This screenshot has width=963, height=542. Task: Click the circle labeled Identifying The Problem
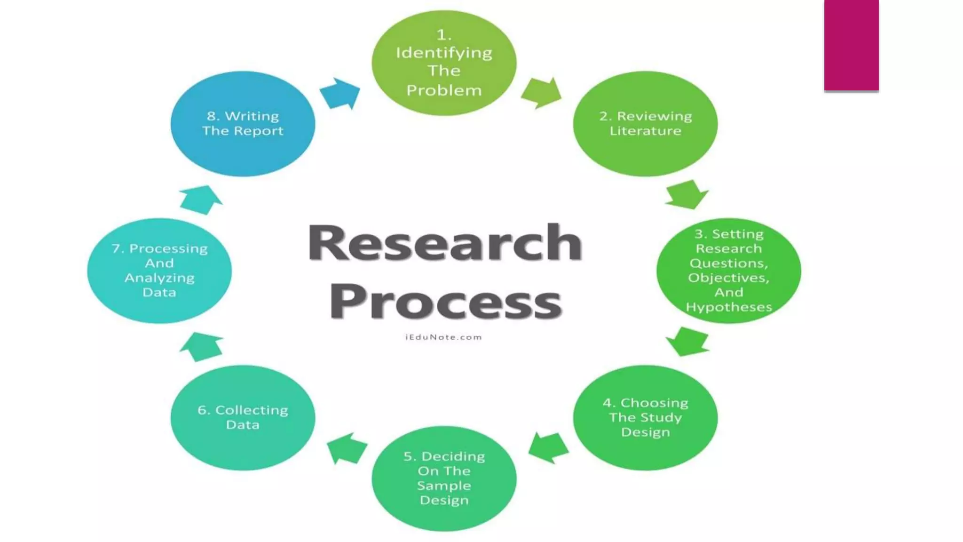click(x=444, y=63)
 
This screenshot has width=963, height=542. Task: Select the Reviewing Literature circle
click(x=645, y=124)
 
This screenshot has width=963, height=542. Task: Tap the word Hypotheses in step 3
click(x=729, y=307)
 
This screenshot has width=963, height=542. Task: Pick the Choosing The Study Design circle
click(x=645, y=417)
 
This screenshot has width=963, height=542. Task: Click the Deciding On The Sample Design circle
click(x=444, y=478)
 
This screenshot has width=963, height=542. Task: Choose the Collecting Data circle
click(x=243, y=417)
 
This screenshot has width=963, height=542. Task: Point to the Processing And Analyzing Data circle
click(x=159, y=271)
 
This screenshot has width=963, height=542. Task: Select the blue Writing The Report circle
click(x=243, y=124)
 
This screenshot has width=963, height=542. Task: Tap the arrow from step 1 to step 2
click(x=542, y=93)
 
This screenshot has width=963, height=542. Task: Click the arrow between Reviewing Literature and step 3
click(x=687, y=194)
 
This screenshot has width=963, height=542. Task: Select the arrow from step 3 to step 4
click(x=687, y=342)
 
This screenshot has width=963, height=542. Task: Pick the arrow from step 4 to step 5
click(x=548, y=447)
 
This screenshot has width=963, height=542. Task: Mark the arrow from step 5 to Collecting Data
click(x=347, y=448)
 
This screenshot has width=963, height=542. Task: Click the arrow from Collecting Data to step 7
click(x=201, y=347)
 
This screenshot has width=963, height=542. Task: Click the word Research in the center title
click(x=445, y=243)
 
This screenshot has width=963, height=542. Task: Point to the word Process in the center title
click(x=445, y=302)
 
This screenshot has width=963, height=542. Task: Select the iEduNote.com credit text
click(x=443, y=337)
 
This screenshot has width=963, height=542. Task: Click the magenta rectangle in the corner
click(x=851, y=45)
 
